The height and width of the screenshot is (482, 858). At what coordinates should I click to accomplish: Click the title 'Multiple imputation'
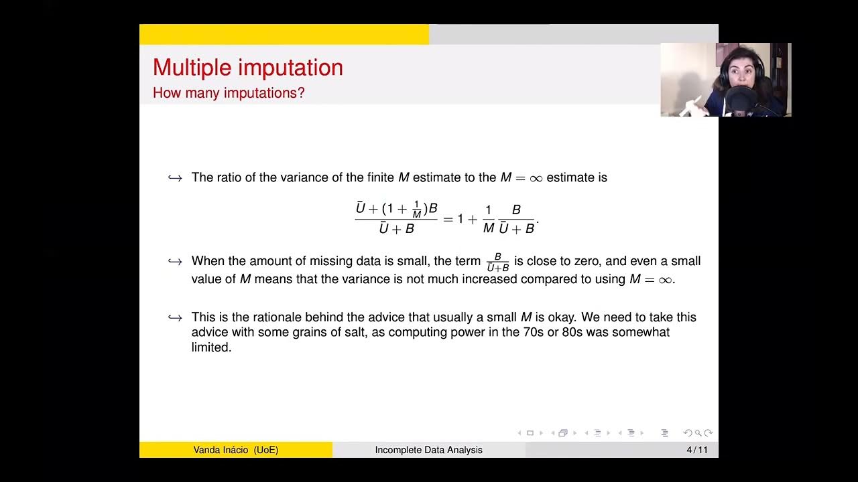pyautogui.click(x=247, y=68)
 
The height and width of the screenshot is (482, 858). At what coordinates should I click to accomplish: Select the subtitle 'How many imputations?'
pyautogui.click(x=229, y=93)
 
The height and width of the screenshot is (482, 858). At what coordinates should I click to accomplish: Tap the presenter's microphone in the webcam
pyautogui.click(x=740, y=100)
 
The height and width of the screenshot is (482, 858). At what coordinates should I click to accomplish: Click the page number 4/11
pyautogui.click(x=697, y=450)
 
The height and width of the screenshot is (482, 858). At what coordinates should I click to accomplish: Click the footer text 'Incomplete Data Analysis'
pyautogui.click(x=428, y=450)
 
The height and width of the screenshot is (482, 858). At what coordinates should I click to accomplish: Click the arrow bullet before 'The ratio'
pyautogui.click(x=175, y=178)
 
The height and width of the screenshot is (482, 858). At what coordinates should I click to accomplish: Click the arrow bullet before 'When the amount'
pyautogui.click(x=175, y=261)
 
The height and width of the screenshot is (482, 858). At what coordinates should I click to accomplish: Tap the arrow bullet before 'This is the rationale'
pyautogui.click(x=175, y=317)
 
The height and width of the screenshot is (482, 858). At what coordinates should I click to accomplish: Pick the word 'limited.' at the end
pyautogui.click(x=211, y=347)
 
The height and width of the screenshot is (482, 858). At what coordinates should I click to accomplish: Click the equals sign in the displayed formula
pyautogui.click(x=448, y=219)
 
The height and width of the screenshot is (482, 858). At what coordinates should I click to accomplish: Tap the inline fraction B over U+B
pyautogui.click(x=497, y=262)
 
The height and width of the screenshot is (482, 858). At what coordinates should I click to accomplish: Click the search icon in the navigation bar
pyautogui.click(x=698, y=433)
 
